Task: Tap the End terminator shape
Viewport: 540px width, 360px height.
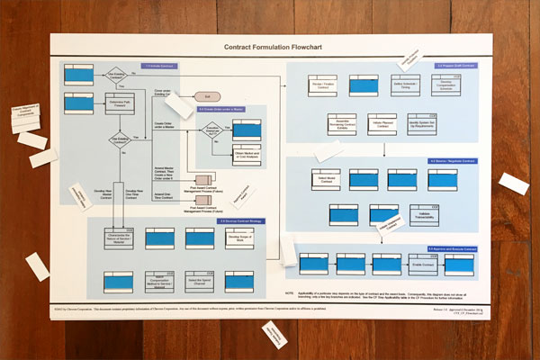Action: click(x=208, y=95)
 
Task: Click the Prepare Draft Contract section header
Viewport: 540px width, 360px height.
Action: click(x=454, y=66)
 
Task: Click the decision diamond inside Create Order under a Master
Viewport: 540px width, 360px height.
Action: click(x=214, y=132)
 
